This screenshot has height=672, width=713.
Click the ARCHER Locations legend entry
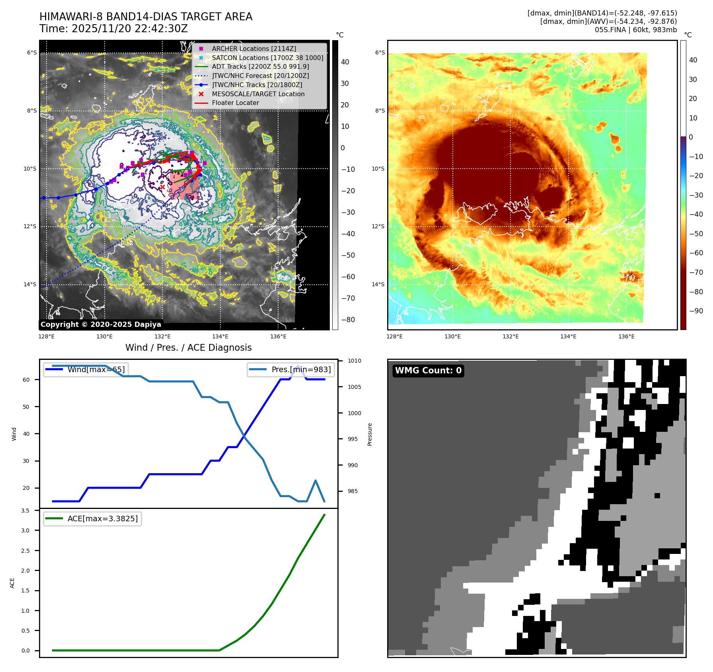[254, 49]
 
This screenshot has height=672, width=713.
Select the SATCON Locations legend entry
[267, 58]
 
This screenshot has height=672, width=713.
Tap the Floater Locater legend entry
[235, 103]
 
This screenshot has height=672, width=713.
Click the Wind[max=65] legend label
[96, 369]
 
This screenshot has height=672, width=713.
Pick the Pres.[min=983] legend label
[301, 369]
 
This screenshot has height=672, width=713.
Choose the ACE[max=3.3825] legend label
[103, 519]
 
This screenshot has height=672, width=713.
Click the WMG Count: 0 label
[428, 371]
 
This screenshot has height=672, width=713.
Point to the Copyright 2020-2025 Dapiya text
[101, 324]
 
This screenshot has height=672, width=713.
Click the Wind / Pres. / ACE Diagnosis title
[189, 348]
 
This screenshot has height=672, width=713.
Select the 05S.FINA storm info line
[635, 30]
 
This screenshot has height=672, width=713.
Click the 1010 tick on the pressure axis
[354, 361]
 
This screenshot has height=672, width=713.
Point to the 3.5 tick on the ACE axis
[25, 511]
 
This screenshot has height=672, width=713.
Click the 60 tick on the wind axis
[26, 380]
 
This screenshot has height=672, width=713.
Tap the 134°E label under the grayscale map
[220, 336]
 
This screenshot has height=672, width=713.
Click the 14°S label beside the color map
[378, 284]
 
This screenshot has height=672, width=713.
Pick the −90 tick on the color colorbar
[696, 311]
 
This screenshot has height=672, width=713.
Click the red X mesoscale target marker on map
[162, 187]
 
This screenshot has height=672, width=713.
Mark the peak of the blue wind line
[298, 366]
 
